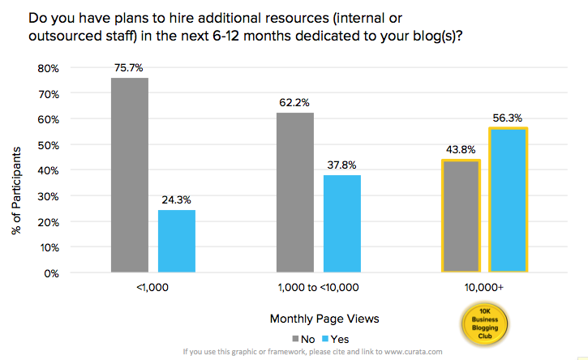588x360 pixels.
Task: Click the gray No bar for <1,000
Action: point(129,175)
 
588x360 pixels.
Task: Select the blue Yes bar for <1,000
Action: point(177,241)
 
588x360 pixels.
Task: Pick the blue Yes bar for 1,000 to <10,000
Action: point(341,224)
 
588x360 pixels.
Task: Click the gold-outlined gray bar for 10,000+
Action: point(461,216)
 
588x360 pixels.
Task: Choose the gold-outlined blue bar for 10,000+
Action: point(508,200)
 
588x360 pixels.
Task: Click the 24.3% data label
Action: point(177,199)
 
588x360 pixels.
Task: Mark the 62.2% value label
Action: point(294,102)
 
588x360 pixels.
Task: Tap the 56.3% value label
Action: point(509,117)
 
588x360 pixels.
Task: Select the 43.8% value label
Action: point(460,149)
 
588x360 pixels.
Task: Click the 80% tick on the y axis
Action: point(49,68)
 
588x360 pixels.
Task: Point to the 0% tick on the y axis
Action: point(52,272)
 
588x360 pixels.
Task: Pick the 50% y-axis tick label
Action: point(49,145)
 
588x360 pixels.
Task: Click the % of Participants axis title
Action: point(16,185)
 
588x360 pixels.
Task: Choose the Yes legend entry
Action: point(334,338)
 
